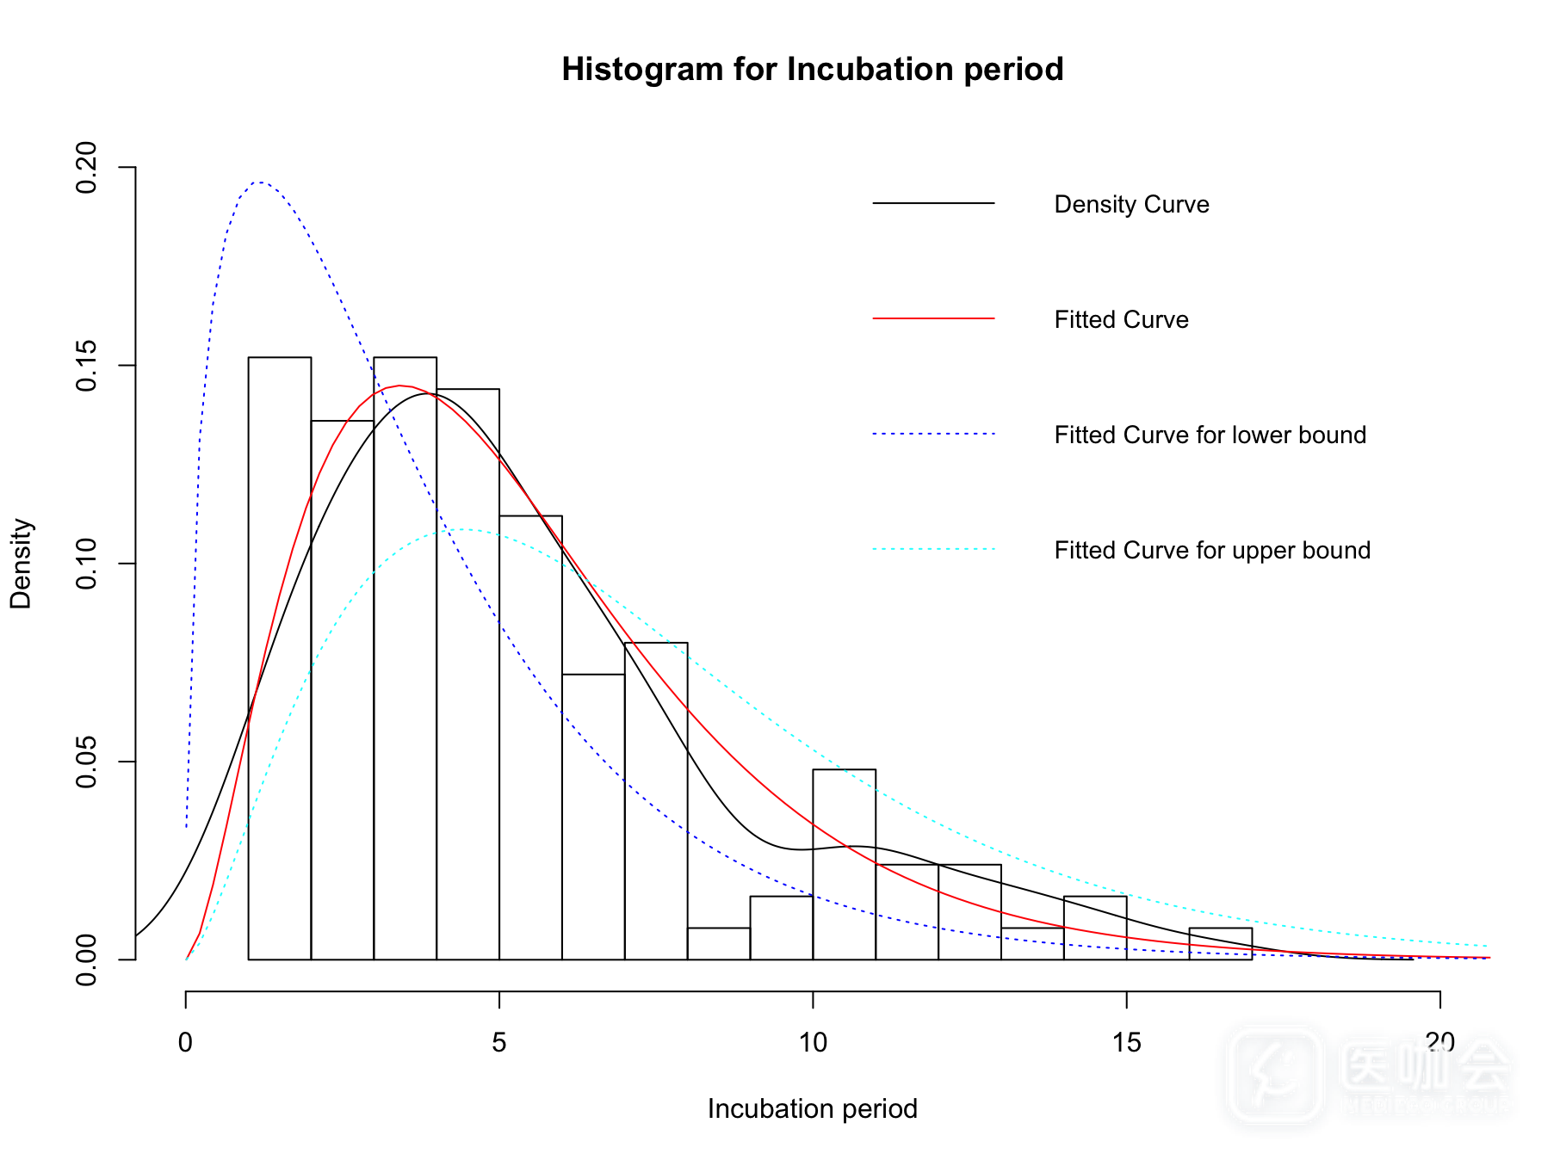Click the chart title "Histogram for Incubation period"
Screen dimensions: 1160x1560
click(x=812, y=70)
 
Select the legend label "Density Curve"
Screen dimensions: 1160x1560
click(x=1131, y=205)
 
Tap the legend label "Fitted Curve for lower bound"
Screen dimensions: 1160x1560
click(x=1210, y=435)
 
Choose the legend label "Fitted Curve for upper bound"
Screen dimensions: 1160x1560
click(x=1211, y=551)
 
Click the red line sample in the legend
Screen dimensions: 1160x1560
click(x=933, y=318)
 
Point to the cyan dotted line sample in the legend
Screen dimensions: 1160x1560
click(x=933, y=549)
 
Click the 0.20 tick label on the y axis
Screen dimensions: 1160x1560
click(x=86, y=167)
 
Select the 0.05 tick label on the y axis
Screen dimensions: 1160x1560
click(x=86, y=762)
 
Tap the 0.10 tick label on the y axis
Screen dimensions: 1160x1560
click(x=86, y=564)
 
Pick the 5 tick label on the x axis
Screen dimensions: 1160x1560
click(x=499, y=1044)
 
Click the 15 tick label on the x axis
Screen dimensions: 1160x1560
click(x=1126, y=1044)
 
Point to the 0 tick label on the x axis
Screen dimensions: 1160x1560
click(x=185, y=1044)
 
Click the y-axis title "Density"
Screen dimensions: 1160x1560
click(x=21, y=564)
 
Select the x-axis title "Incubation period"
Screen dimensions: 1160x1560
click(x=812, y=1109)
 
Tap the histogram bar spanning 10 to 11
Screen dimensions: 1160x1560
click(x=844, y=865)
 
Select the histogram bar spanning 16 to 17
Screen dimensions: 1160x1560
click(x=1220, y=944)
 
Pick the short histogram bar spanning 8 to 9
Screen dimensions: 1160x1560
click(x=719, y=944)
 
